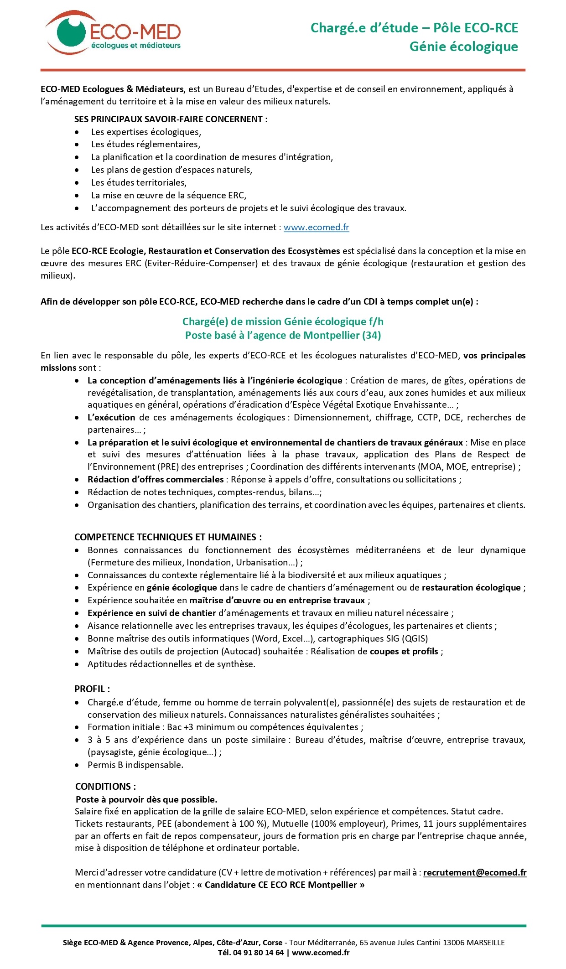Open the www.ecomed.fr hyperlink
[316, 227]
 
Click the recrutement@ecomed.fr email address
[474, 872]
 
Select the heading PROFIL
[92, 689]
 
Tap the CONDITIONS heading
[105, 787]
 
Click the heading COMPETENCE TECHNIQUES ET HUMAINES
[168, 537]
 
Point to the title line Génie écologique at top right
[463, 47]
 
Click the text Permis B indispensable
[135, 765]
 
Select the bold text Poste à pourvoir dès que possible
[146, 799]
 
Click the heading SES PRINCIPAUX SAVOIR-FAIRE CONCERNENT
[171, 119]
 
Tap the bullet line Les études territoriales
[139, 182]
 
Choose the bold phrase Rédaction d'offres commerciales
[156, 479]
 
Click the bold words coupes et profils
[404, 651]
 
